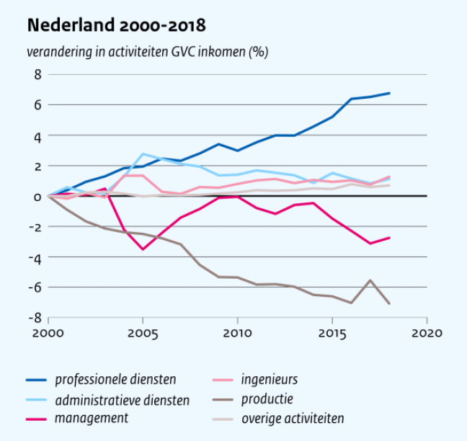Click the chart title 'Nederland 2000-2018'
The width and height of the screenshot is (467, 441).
116,26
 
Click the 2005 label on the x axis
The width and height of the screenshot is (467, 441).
143,334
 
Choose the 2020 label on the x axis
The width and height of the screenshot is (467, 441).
427,334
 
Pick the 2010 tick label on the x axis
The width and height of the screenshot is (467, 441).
237,334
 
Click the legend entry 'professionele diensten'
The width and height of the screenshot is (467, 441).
115,379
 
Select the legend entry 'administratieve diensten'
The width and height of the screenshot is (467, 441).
123,399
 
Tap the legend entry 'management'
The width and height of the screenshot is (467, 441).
93,418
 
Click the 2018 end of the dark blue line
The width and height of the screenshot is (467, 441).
389,93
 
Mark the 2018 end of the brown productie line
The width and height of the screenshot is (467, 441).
389,304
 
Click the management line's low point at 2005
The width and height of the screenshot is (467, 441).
143,249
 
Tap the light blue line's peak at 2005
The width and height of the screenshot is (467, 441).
143,153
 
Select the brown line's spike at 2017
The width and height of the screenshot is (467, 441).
370,280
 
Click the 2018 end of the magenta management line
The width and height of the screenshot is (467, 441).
389,238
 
